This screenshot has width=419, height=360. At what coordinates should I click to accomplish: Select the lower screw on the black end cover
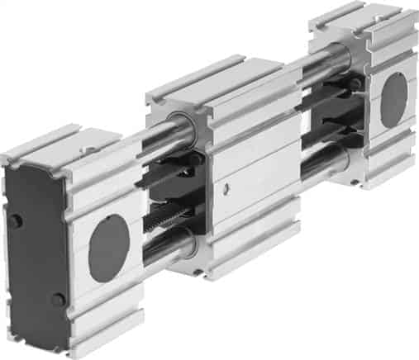pyautogui.click(x=55, y=299)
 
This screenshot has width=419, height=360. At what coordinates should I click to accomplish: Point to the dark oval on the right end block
pyautogui.click(x=393, y=100)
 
